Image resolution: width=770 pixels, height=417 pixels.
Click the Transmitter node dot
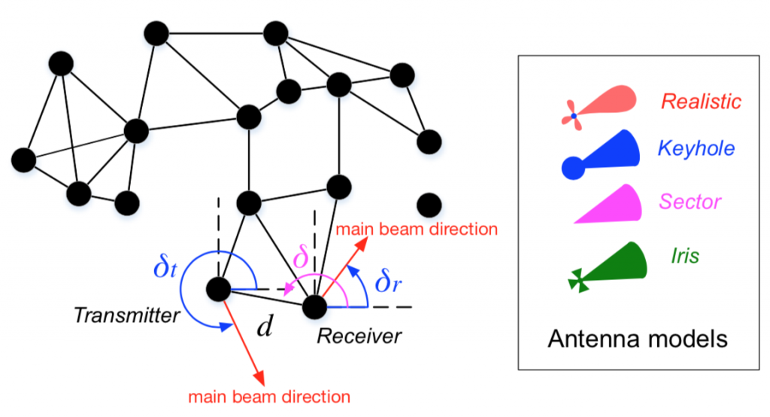point(219,289)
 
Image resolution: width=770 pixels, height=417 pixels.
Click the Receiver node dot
point(314,306)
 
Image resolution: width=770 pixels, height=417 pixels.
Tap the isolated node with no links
point(429,205)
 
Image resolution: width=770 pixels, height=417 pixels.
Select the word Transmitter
point(126,315)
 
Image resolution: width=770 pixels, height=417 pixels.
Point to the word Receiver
point(359,336)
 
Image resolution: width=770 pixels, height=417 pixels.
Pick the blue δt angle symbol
point(165,267)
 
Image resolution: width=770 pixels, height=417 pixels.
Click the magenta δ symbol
point(301,257)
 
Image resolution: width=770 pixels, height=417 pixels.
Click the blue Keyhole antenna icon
point(600,154)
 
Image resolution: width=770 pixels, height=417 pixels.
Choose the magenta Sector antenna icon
point(608,204)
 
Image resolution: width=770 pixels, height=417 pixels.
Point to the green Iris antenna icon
point(607,267)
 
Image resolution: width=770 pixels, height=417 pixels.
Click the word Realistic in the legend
point(701,102)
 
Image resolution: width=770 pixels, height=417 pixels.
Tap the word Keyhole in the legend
point(696,148)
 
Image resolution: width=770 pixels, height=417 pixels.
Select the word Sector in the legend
point(690,202)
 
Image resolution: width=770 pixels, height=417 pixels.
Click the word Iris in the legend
point(684,256)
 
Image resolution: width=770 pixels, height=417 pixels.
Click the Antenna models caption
point(638,339)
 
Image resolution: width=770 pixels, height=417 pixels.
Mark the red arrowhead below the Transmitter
point(259,378)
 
